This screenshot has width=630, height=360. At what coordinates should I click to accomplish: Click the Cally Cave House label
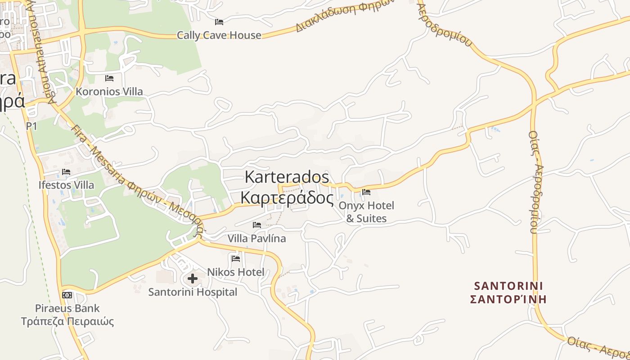[219, 35]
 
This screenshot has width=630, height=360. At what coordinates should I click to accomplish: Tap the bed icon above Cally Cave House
[219, 22]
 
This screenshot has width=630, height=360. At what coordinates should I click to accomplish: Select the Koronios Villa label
[109, 91]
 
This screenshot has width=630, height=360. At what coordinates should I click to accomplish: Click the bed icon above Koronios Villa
[109, 78]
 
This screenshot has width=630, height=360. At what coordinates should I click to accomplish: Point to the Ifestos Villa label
[66, 185]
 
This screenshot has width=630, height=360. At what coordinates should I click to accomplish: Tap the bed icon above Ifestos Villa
[66, 172]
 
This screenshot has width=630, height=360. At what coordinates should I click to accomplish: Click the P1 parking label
[31, 126]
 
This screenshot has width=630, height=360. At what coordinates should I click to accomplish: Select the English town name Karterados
[287, 177]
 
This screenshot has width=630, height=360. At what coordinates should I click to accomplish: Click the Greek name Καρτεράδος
[287, 198]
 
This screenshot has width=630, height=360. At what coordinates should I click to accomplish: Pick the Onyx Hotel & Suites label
[366, 212]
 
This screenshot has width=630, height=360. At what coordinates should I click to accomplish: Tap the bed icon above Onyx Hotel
[366, 192]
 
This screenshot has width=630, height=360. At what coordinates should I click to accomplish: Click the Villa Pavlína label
[256, 238]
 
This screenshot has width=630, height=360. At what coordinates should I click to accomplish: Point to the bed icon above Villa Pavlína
[257, 225]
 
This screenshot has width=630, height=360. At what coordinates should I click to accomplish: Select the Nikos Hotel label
[236, 272]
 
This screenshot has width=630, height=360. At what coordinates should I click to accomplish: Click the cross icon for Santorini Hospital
[193, 279]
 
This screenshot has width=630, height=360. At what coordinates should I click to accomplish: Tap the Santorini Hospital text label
[193, 292]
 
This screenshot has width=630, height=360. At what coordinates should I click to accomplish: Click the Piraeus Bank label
[67, 308]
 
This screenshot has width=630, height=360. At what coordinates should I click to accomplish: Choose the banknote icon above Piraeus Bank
[67, 295]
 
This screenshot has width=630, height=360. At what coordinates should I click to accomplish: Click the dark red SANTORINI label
[508, 286]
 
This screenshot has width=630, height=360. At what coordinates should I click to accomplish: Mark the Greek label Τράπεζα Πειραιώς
[67, 321]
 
